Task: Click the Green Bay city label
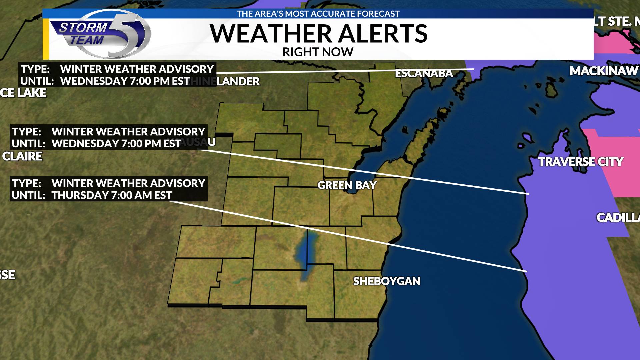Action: point(347,185)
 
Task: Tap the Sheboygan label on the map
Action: point(386,281)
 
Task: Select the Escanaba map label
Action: point(424,73)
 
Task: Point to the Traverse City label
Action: point(580,162)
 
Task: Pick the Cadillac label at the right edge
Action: point(618,218)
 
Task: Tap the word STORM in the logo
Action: point(84,28)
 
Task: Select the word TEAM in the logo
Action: point(87,40)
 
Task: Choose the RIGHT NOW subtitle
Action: point(318,52)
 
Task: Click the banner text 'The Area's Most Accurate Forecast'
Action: point(318,14)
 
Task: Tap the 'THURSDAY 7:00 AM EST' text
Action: point(112,195)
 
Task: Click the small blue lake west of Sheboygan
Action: point(305,253)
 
